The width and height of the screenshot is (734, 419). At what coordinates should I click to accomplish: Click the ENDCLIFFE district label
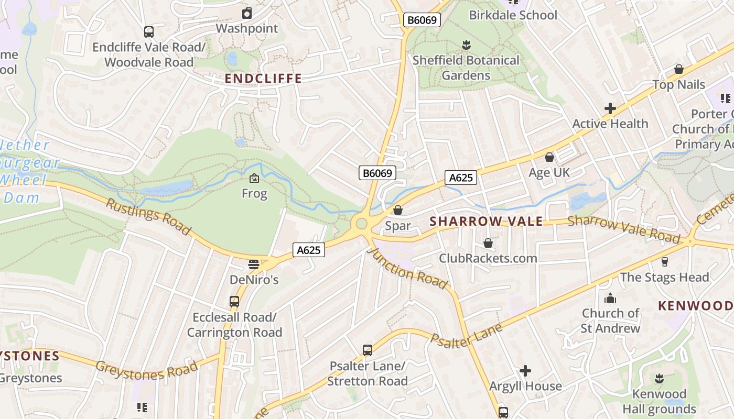coord(263,79)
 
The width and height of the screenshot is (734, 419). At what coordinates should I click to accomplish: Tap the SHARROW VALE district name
coord(487,221)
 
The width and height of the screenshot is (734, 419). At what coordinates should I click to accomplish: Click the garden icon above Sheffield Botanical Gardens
coord(466,45)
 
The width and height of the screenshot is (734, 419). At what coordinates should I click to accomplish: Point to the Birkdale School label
coord(513,15)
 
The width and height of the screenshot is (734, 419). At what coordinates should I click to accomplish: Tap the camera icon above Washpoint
coord(247,13)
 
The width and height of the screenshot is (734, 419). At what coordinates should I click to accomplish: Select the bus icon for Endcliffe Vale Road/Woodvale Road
coord(149,32)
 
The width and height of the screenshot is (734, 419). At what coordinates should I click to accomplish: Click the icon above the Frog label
coord(254,179)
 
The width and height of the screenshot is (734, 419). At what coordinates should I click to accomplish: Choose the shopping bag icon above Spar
coord(398,211)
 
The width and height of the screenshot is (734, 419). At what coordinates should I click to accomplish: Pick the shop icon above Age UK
coord(549,157)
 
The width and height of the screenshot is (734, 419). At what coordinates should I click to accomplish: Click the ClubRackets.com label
coord(488,258)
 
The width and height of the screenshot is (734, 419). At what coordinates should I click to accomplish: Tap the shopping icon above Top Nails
coord(678,70)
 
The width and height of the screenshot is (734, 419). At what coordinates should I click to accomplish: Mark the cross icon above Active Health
coord(610,109)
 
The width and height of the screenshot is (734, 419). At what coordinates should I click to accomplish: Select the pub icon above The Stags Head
coord(665,262)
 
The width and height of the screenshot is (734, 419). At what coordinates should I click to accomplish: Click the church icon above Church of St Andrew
coord(610,299)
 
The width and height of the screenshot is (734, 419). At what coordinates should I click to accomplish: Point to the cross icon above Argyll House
coord(525,371)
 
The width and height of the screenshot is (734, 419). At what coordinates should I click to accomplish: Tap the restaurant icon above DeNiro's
coord(254,264)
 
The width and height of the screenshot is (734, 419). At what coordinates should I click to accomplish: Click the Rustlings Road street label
coord(148,216)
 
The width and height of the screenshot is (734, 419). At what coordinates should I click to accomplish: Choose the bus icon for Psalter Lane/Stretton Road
coord(368,350)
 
